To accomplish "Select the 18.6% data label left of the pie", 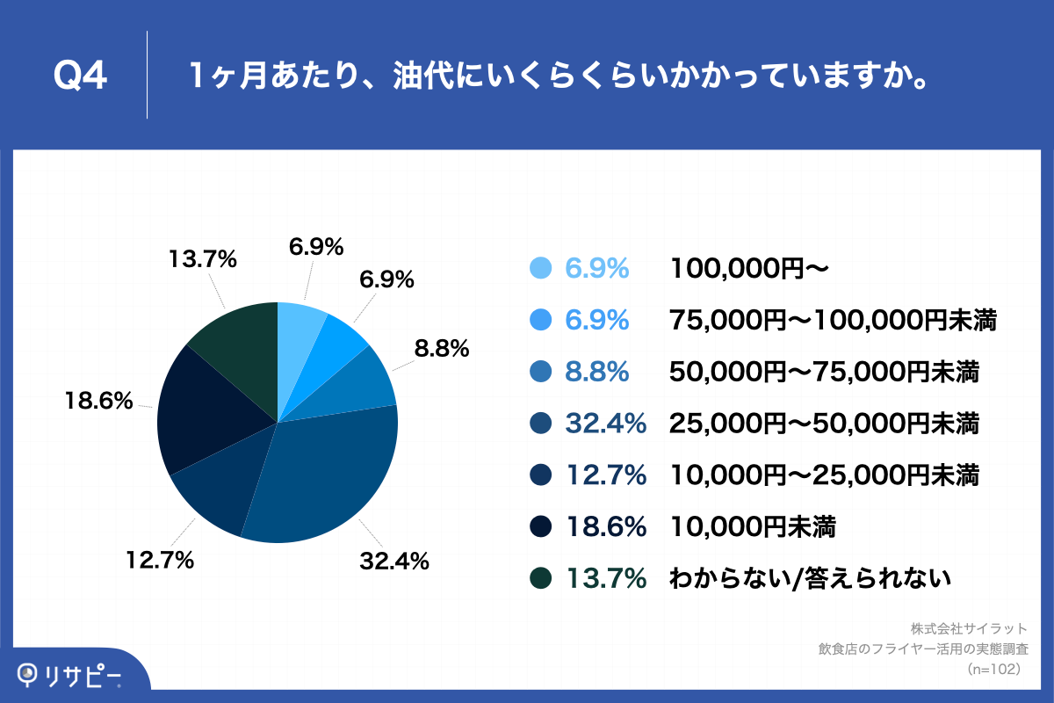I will tap(98, 402).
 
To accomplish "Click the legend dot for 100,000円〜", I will tap(540, 268).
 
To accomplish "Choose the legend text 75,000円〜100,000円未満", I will tap(834, 321).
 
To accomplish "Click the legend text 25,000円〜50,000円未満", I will tap(824, 424).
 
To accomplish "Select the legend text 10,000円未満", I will tap(752, 527).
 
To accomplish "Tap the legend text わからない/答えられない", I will tap(810, 578).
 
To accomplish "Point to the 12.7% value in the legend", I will tap(605, 476).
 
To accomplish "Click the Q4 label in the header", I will tap(80, 76).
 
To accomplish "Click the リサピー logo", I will tap(70, 675).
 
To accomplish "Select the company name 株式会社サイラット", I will tap(968, 629).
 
